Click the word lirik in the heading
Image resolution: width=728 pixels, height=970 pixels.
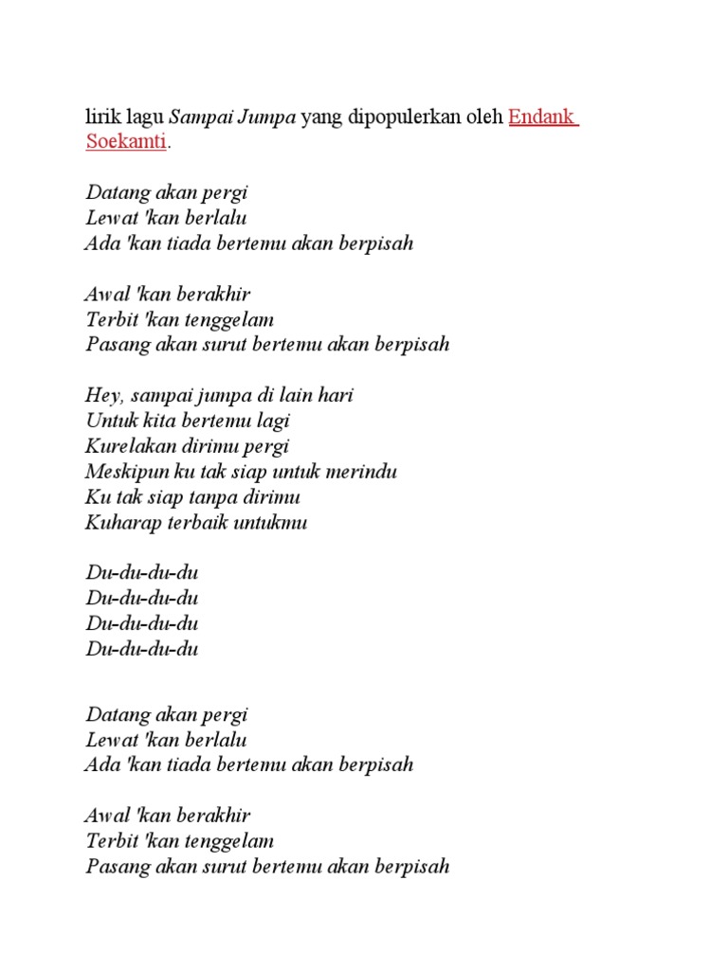tap(102, 117)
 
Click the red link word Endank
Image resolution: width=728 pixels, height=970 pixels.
tap(542, 117)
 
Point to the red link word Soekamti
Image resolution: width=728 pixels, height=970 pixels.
tap(126, 142)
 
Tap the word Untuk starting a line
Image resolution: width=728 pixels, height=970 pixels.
tap(109, 421)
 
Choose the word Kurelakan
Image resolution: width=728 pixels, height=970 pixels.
tap(128, 446)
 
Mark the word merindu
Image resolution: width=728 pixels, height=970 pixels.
tap(363, 472)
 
